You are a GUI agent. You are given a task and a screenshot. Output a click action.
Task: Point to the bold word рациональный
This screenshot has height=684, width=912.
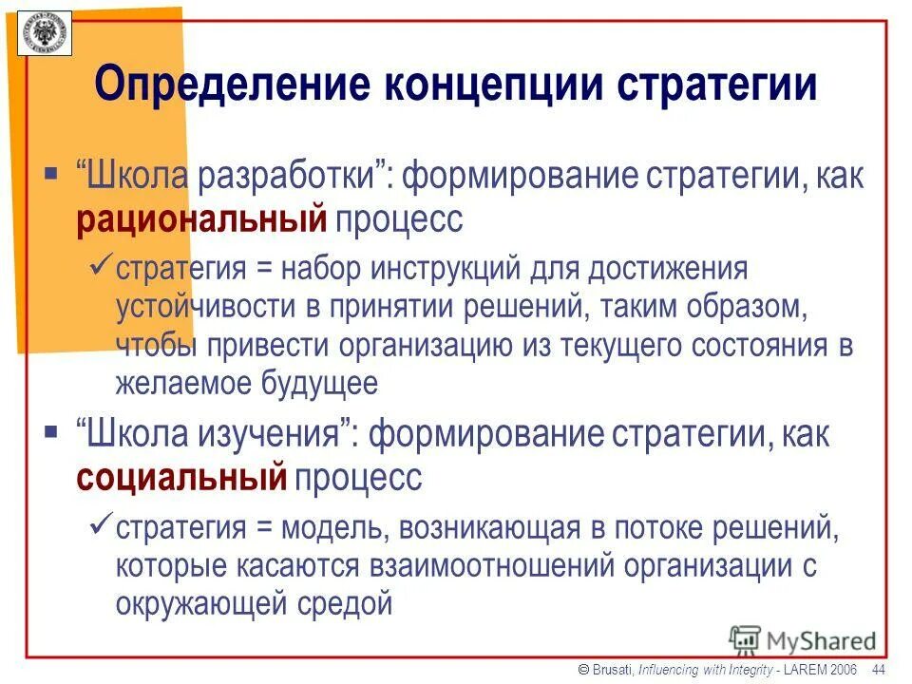[x=201, y=219]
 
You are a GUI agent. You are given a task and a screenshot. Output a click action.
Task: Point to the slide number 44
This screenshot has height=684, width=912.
[x=878, y=671]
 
